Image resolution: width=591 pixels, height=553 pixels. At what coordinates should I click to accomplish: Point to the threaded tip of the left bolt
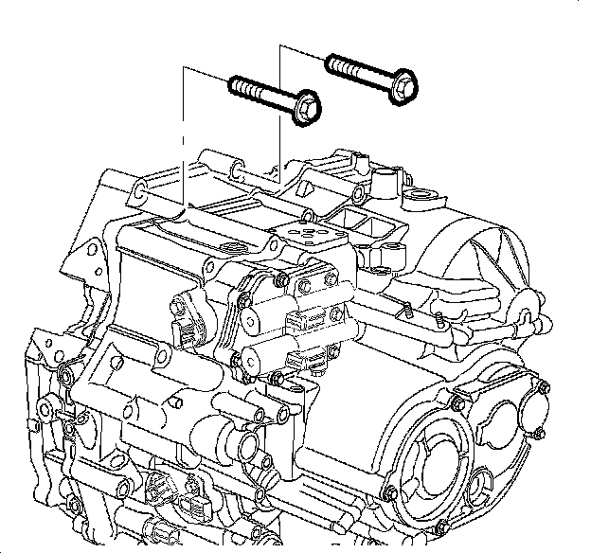[x=238, y=87]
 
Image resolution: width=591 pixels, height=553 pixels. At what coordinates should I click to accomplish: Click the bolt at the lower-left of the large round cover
[x=390, y=492]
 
